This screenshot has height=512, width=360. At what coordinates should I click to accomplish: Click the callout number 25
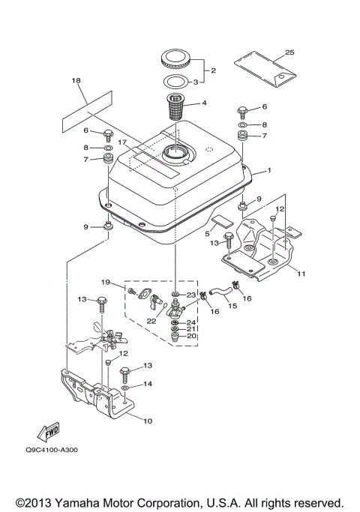pyautogui.click(x=289, y=52)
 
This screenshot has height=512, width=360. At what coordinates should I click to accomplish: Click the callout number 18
pyautogui.click(x=76, y=79)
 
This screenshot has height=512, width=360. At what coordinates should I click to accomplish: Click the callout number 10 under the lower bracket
pyautogui.click(x=148, y=421)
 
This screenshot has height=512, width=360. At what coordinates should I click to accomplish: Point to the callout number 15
pyautogui.click(x=212, y=307)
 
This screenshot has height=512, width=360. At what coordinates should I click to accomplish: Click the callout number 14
pyautogui.click(x=147, y=384)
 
